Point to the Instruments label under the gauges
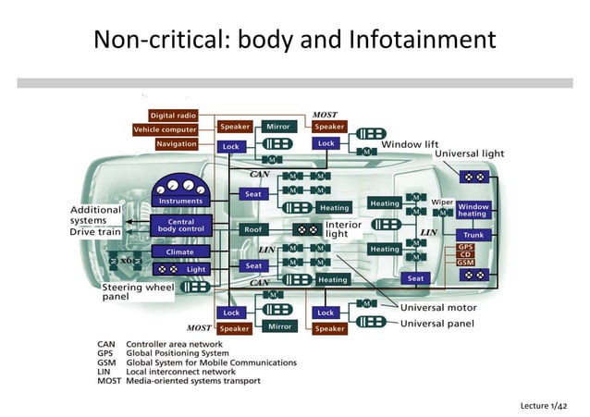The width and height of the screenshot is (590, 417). tap(182, 201)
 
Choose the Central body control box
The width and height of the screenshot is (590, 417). tap(182, 225)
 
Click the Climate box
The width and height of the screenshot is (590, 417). tap(180, 251)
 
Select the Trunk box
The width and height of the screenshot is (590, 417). tap(473, 235)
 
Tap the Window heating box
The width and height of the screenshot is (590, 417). tap(473, 210)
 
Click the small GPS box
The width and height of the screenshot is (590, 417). tap(466, 247)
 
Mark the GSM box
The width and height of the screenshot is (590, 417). tap(466, 263)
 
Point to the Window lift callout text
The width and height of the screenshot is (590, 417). tap(410, 144)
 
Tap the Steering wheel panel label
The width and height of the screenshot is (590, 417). tap(137, 292)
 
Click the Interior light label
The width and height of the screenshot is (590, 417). tap(343, 229)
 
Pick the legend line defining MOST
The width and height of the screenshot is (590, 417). tap(179, 381)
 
